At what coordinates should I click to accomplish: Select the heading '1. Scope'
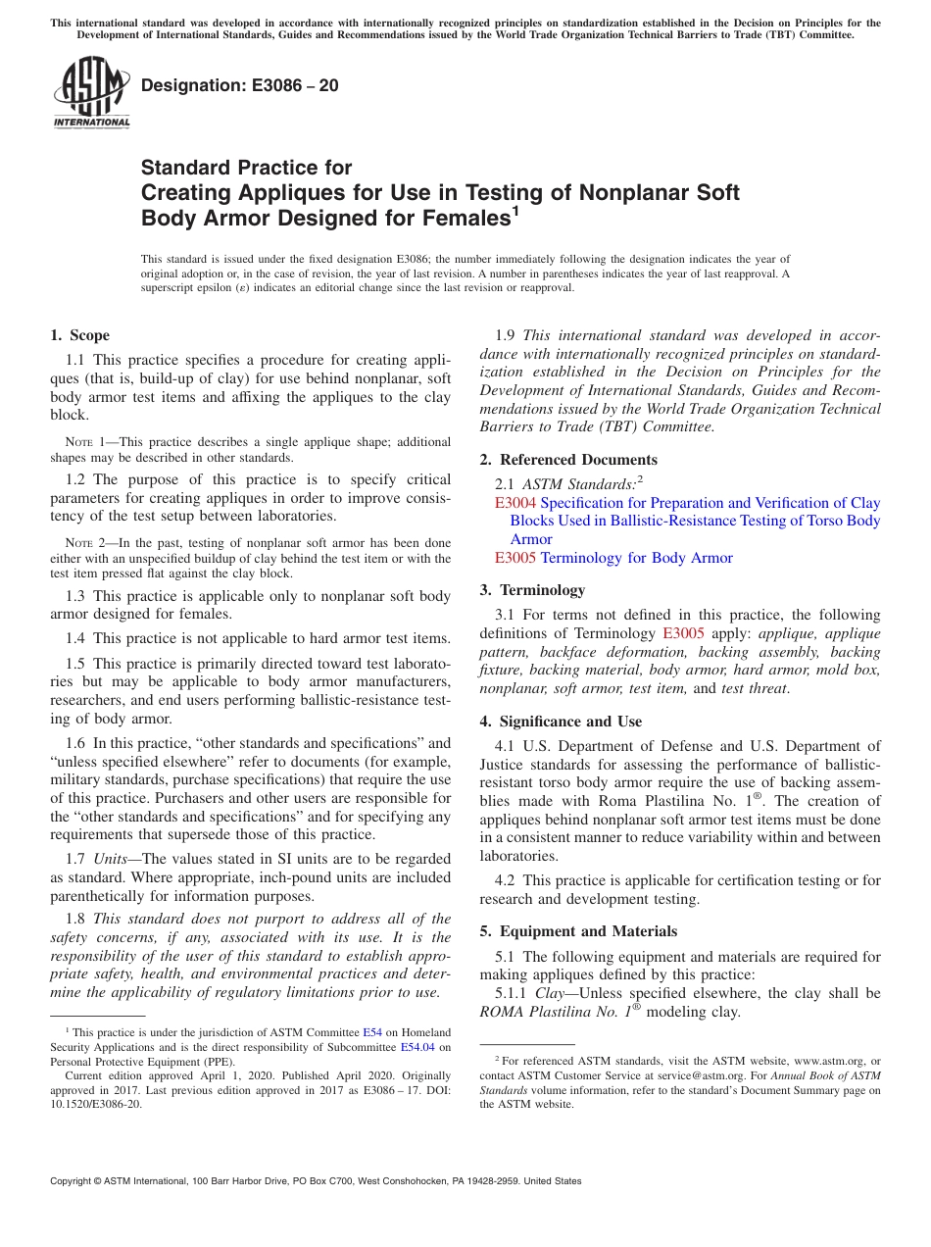pos(80,335)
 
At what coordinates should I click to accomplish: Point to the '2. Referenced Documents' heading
pos(568,460)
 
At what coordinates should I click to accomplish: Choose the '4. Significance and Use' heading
pos(561,722)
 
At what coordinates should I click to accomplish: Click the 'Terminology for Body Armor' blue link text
pos(636,558)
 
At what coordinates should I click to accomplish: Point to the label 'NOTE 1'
pos(83,443)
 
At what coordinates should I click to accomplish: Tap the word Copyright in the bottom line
pos(76,1181)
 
